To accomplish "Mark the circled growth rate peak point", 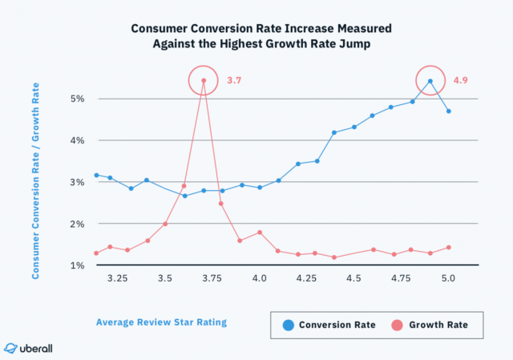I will tap(204, 80).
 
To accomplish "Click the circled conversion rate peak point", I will tap(430, 81).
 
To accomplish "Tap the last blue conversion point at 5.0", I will tap(449, 111).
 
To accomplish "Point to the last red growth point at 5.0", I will tap(449, 247).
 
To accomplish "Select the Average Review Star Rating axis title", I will tap(161, 322).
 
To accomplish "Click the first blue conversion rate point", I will tap(96, 175).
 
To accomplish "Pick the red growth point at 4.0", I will tap(260, 233).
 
